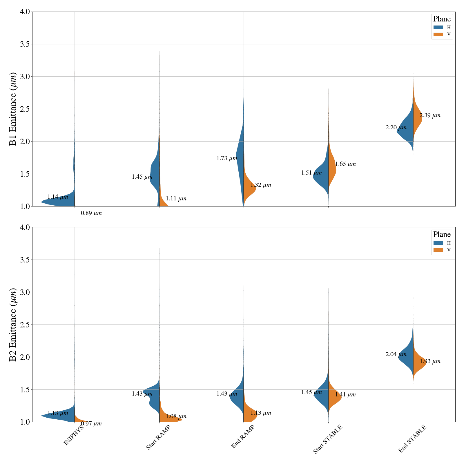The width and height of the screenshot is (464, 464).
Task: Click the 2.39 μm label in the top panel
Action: (x=430, y=115)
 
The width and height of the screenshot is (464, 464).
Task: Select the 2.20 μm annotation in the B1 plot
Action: (x=396, y=128)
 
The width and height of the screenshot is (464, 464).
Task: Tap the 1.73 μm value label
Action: (x=227, y=158)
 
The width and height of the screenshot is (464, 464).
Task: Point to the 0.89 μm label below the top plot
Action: (x=91, y=213)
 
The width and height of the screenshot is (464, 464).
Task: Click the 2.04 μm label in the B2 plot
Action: (x=396, y=354)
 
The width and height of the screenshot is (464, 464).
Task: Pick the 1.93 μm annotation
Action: (x=430, y=361)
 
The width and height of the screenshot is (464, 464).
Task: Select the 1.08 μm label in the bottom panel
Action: (x=176, y=417)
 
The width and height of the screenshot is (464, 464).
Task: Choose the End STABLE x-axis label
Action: (x=412, y=439)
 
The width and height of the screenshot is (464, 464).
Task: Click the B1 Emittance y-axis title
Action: (x=13, y=109)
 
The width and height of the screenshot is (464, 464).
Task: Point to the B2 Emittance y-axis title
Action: (x=13, y=325)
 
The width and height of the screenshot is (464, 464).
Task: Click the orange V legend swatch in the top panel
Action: (x=438, y=35)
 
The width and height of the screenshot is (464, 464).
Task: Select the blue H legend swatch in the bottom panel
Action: (x=438, y=243)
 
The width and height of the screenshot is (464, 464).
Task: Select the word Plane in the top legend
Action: (x=442, y=19)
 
